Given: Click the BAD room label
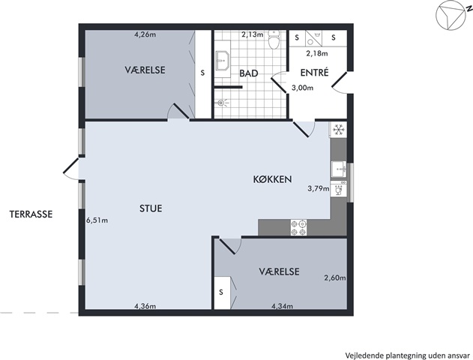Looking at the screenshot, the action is (x=249, y=73).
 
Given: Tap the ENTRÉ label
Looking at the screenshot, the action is (x=314, y=73).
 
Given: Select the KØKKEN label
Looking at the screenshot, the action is (x=272, y=179).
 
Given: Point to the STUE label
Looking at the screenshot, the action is (x=151, y=208).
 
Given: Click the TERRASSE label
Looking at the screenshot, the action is (x=31, y=214).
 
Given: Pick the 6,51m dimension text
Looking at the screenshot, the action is (x=97, y=220).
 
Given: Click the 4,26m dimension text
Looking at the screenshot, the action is (x=145, y=34).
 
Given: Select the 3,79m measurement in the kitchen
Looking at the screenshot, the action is (x=319, y=189).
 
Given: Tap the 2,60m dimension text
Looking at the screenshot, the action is (x=335, y=278).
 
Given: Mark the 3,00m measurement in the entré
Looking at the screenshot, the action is (x=302, y=88).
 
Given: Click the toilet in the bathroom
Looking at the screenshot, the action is (x=274, y=39).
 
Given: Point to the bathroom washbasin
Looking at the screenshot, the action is (x=223, y=60).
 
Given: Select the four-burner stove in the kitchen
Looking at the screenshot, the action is (x=298, y=227).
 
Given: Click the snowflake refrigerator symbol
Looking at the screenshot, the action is (x=339, y=130).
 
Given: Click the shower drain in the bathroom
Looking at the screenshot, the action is (x=221, y=103).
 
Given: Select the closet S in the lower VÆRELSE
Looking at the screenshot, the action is (x=221, y=292).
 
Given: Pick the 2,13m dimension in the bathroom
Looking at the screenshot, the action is (x=253, y=34).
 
